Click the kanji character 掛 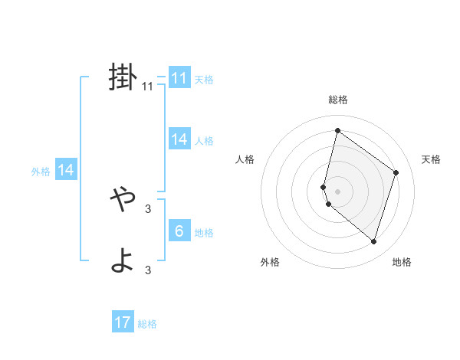[123, 77]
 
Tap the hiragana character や [123, 201]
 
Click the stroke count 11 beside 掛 [148, 87]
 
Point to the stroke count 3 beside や [148, 208]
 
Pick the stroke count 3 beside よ [148, 270]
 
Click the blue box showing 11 [179, 78]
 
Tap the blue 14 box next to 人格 [179, 139]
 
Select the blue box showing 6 [179, 231]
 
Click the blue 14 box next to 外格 [66, 170]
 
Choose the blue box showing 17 [123, 322]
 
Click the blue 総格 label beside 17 [147, 324]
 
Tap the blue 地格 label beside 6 [204, 233]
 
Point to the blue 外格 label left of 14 [41, 172]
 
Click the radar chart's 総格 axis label [338, 100]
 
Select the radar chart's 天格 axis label [431, 159]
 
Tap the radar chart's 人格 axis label [245, 159]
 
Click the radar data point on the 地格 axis [373, 241]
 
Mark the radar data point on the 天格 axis [396, 172]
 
